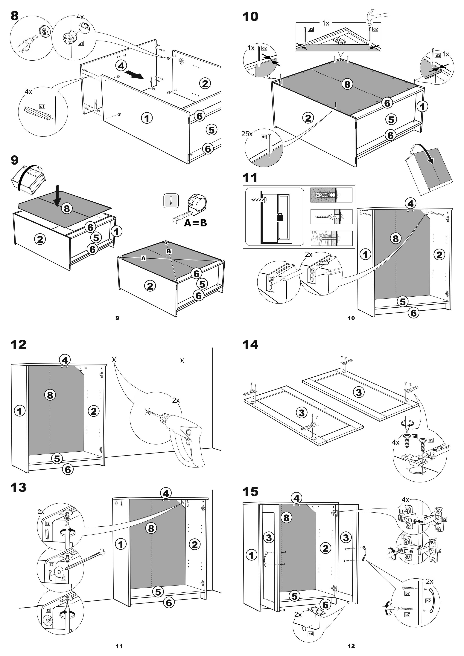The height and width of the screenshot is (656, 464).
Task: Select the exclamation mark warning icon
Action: click(x=171, y=201)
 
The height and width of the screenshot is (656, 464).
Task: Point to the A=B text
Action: click(x=195, y=223)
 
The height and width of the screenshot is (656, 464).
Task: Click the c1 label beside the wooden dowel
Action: click(x=42, y=106)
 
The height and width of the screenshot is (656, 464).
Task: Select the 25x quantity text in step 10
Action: click(x=247, y=134)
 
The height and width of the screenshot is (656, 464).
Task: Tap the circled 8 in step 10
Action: click(x=347, y=84)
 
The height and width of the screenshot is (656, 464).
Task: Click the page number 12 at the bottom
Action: click(x=351, y=646)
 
